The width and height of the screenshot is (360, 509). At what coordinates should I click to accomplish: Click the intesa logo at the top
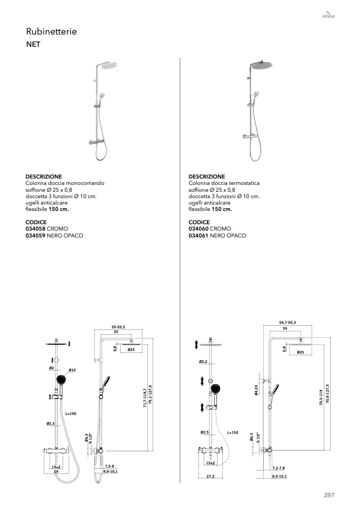[x=328, y=15]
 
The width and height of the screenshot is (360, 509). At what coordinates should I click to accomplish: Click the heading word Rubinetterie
[x=52, y=31]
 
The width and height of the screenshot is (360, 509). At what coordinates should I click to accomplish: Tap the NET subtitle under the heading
[x=33, y=44]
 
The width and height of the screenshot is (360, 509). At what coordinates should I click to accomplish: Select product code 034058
[x=36, y=228]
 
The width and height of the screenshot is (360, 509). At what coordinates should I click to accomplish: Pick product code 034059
[x=36, y=235]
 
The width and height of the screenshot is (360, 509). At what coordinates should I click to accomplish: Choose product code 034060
[x=198, y=228]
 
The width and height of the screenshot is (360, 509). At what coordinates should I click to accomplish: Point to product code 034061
[x=198, y=235]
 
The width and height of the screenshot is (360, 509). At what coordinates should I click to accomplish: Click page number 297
[x=329, y=495]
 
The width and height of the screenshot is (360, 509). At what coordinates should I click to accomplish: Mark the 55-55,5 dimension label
[x=118, y=327]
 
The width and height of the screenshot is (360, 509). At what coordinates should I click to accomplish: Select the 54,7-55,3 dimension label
[x=288, y=323]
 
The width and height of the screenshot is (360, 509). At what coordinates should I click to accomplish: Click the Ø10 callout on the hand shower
[x=72, y=370]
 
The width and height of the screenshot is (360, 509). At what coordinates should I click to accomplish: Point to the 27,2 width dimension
[x=210, y=477]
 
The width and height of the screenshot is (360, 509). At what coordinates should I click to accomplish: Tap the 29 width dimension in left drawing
[x=56, y=471]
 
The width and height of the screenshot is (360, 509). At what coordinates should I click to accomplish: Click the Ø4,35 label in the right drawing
[x=257, y=390]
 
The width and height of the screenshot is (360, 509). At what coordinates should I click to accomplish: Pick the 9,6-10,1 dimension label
[x=111, y=471]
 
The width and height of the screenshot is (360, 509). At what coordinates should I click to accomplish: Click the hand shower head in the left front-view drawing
[x=61, y=379]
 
